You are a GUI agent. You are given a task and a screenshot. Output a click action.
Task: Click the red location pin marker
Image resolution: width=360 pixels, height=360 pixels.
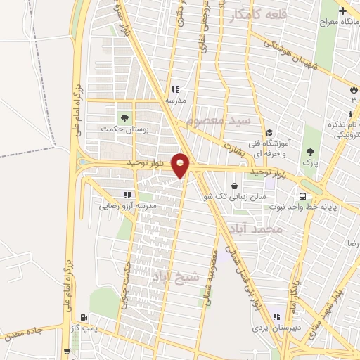coord(181,165)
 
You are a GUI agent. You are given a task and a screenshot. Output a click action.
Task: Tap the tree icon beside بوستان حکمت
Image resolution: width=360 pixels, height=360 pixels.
coord(124,117)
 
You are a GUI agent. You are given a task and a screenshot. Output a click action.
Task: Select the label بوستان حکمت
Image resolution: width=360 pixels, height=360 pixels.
coord(117,129)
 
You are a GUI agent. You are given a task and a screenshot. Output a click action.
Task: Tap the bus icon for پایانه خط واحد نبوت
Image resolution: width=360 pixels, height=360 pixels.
coord(302,197)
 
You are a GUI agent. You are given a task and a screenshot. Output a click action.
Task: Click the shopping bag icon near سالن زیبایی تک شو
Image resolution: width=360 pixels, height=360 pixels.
coord(234,186)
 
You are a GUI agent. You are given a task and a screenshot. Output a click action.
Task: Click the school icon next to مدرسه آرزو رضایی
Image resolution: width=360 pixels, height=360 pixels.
coord(127,195)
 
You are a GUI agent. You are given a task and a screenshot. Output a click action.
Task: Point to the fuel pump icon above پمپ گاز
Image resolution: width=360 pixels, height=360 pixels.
coord(84,317)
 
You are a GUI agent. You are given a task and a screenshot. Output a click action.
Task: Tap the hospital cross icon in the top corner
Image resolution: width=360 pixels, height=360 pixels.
coord(342,12)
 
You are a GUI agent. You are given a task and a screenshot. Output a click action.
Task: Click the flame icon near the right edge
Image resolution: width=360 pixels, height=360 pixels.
coord(353,90)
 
